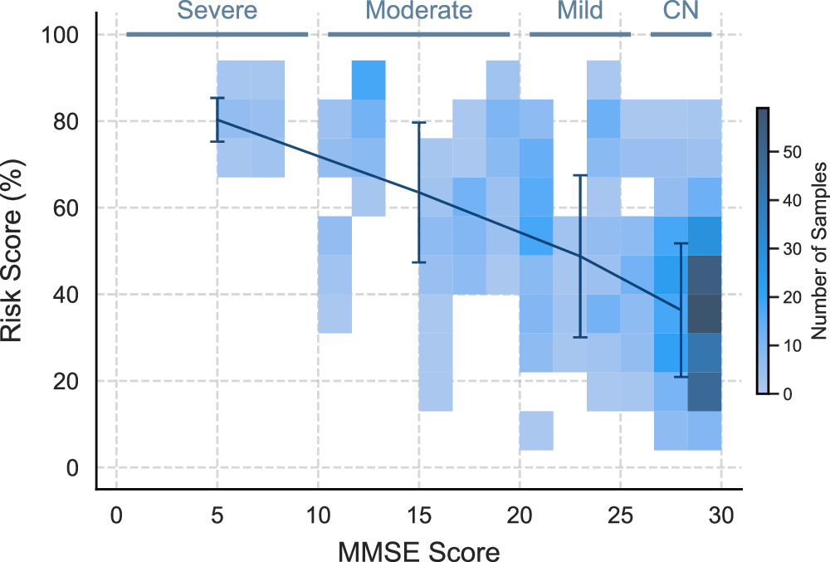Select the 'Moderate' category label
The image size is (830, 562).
(418, 11)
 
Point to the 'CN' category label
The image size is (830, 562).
(681, 11)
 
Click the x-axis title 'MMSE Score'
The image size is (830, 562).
(418, 550)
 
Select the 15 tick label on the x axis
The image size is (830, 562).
(418, 516)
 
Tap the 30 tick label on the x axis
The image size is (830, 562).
(720, 516)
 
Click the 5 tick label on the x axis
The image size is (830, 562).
(217, 516)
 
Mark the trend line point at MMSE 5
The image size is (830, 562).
(217, 120)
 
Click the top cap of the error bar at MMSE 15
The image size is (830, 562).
(419, 122)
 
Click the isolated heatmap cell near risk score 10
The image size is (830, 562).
(536, 431)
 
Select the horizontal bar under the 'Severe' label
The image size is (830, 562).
(217, 34)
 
